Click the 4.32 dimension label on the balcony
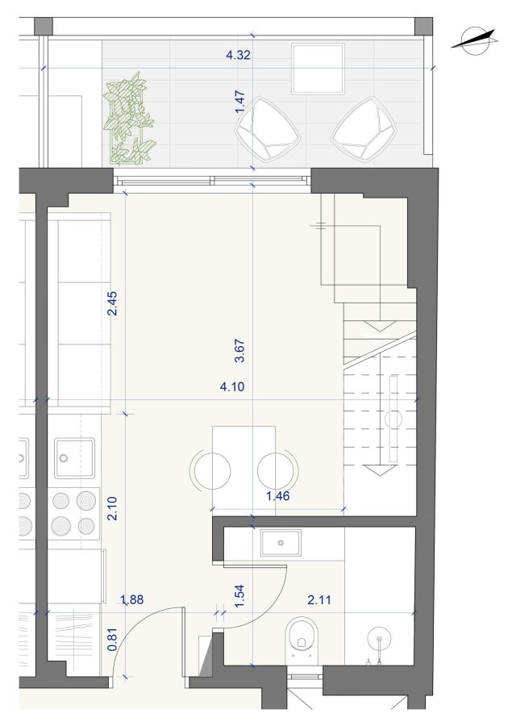coord(238,55)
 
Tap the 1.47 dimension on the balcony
coord(239,102)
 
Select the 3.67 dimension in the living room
coord(239,352)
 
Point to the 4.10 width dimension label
coord(232,386)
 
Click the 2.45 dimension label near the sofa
coord(112,303)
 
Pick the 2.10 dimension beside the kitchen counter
coord(112,508)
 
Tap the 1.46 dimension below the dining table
coord(277,496)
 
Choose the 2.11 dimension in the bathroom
coord(319,600)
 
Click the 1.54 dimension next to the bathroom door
coord(239,597)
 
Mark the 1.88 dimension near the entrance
coord(132,600)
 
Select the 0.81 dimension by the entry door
coord(112,640)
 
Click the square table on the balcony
coord(318,69)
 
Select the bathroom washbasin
coord(281,543)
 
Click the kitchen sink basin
coord(74,458)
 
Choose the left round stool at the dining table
coord(212,470)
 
